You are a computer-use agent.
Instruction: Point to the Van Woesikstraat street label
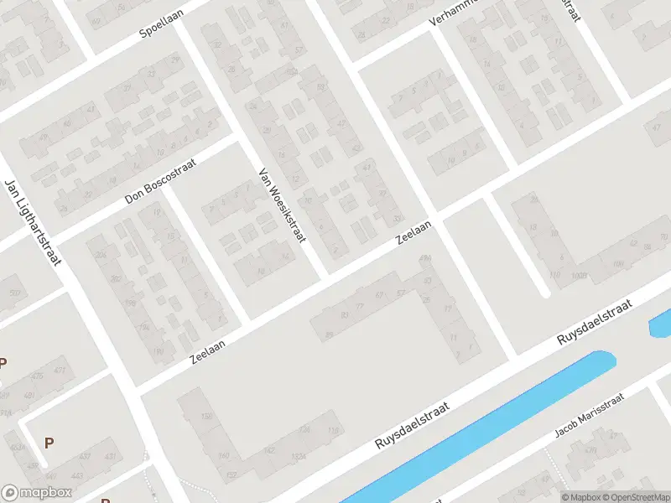pyautogui.click(x=279, y=204)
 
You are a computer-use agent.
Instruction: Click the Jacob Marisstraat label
pyautogui.click(x=590, y=418)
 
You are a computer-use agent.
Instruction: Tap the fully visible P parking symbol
pyautogui.click(x=49, y=443)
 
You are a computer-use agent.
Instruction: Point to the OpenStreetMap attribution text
pyautogui.click(x=635, y=497)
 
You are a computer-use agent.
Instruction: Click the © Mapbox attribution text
pyautogui.click(x=580, y=497)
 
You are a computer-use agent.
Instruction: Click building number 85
pyautogui.click(x=329, y=334)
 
